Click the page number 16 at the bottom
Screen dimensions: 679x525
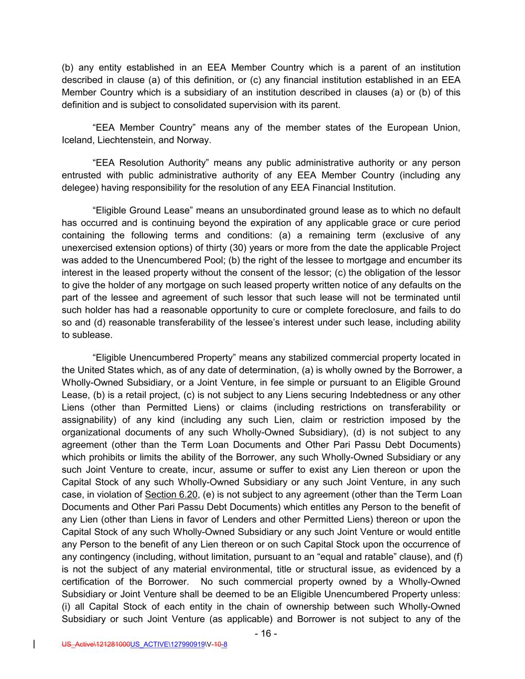pyautogui.click(x=265, y=634)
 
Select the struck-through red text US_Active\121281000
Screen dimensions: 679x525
pyautogui.click(x=96, y=645)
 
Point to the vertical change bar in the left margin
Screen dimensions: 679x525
pyautogui.click(x=34, y=645)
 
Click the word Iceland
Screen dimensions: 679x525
pyautogui.click(x=77, y=140)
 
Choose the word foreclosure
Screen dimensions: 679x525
pyautogui.click(x=384, y=310)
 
